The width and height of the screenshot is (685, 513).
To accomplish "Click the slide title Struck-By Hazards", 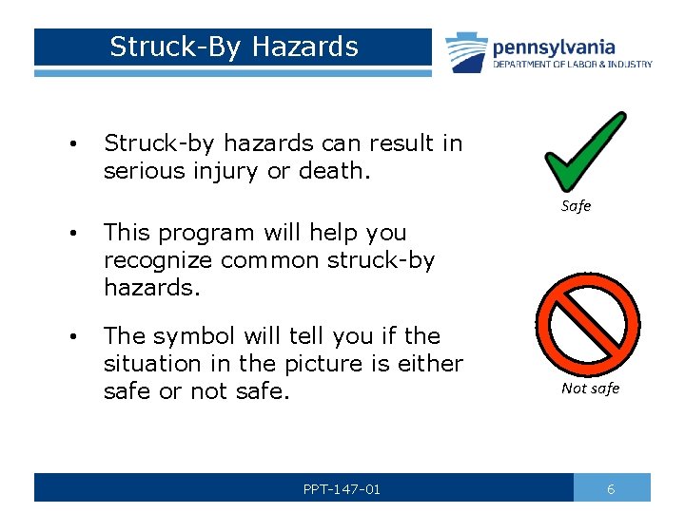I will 233,47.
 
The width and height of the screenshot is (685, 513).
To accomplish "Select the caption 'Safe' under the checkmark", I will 576,206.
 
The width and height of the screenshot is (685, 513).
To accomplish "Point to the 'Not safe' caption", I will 590,388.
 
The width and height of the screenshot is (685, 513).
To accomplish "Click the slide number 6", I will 611,488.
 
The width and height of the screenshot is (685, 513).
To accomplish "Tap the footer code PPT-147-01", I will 342,489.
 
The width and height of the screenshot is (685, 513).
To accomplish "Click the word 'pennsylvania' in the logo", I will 553,47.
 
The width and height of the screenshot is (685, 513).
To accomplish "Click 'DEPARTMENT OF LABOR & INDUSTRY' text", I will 572,65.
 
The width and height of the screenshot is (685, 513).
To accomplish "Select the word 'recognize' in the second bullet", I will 159,260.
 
